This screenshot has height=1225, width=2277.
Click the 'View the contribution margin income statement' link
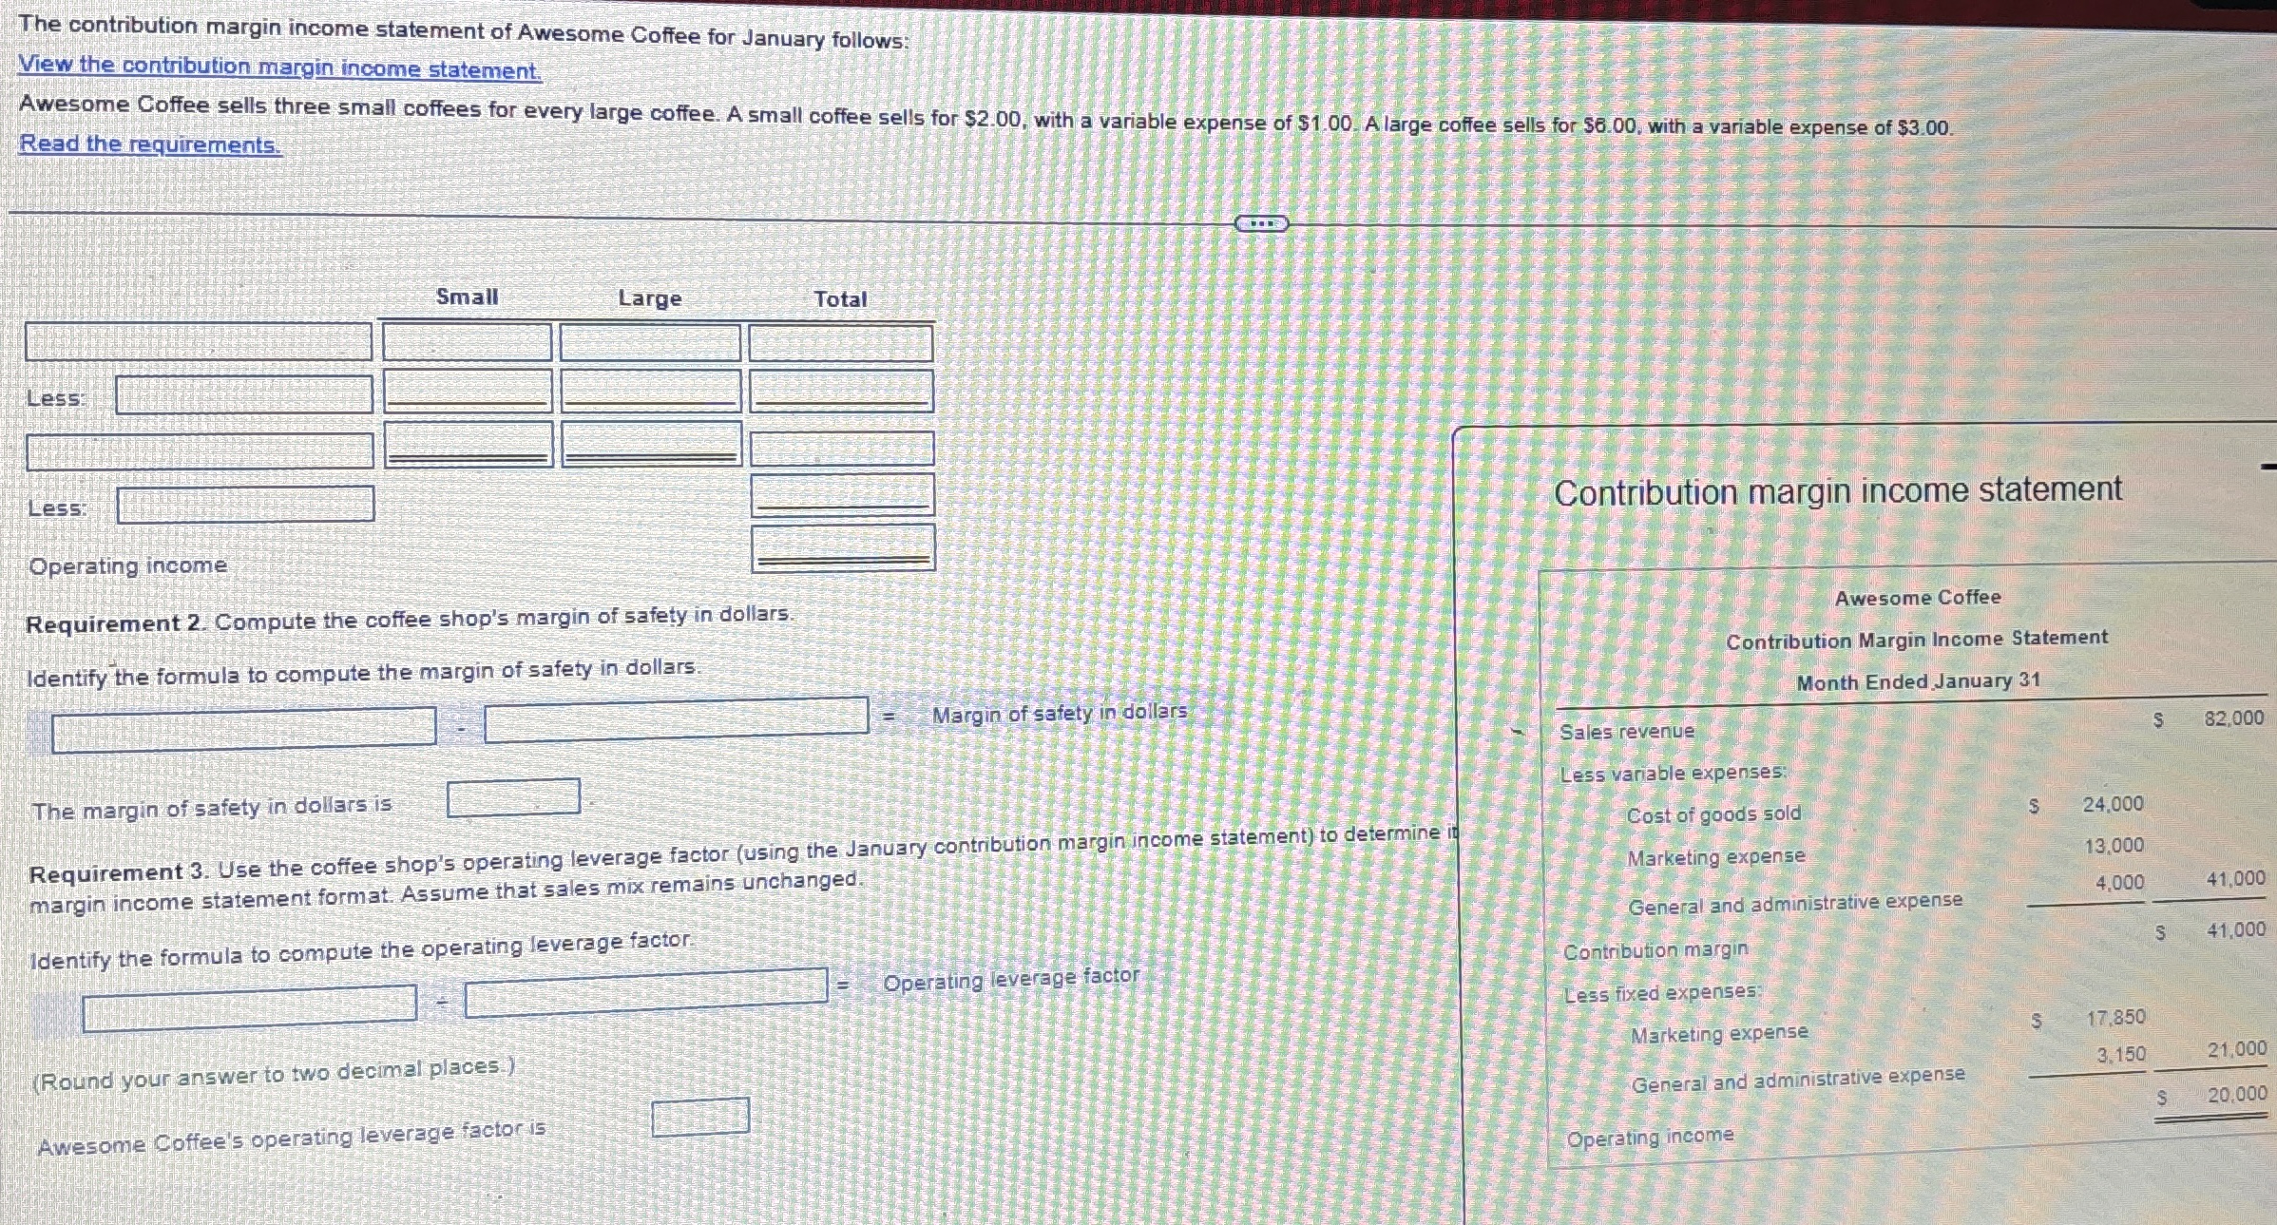(x=279, y=67)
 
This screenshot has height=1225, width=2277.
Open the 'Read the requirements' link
(x=150, y=144)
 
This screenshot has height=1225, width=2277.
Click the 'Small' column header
(x=467, y=297)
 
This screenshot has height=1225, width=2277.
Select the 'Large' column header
(x=649, y=298)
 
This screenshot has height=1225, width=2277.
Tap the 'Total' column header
(x=840, y=299)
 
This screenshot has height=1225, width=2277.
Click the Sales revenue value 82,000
(x=2234, y=718)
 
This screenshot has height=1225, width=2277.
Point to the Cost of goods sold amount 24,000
(x=2113, y=805)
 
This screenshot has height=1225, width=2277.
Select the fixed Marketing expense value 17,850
(x=2115, y=1018)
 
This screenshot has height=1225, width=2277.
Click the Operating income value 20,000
(x=2236, y=1095)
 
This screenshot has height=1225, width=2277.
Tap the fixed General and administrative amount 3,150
(x=2121, y=1055)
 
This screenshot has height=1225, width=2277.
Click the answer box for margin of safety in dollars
(x=513, y=797)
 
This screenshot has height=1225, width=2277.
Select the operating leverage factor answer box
(x=699, y=1117)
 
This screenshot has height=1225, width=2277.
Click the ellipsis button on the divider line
(x=1261, y=224)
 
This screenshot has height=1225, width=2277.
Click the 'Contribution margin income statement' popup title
(x=1837, y=491)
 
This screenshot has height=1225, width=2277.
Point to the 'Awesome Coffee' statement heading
(x=1917, y=598)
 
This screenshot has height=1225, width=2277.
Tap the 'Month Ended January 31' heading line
(x=1918, y=681)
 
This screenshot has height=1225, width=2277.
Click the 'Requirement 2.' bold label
(x=115, y=623)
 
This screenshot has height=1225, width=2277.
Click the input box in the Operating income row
(x=842, y=548)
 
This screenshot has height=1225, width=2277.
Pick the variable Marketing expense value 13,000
(x=2114, y=846)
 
